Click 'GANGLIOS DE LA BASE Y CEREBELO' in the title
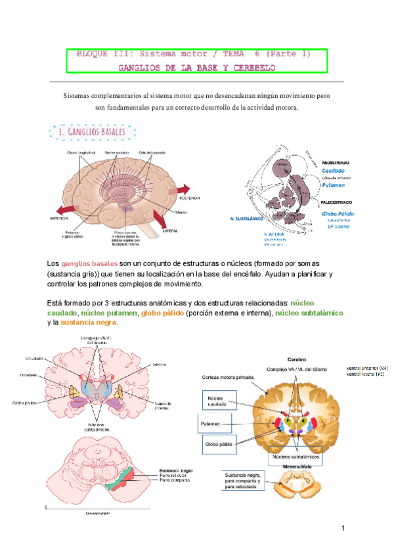pyautogui.click(x=197, y=67)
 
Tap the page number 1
pyautogui.click(x=343, y=529)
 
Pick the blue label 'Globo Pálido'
pyautogui.click(x=338, y=213)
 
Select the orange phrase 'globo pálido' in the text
pyautogui.click(x=161, y=313)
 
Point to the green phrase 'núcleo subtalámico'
pyautogui.click(x=309, y=313)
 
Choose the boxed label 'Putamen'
pyautogui.click(x=215, y=424)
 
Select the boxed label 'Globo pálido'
pyautogui.click(x=219, y=445)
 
